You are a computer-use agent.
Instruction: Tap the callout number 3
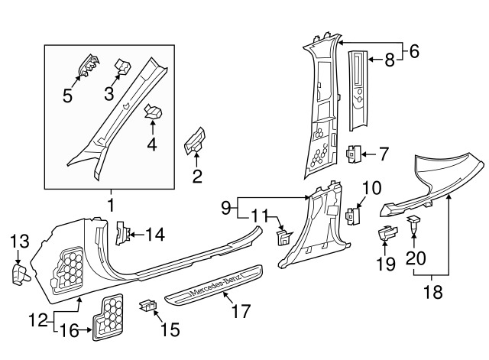coord(108,94)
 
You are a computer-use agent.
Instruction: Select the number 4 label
coord(152,144)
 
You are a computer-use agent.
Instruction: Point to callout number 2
coord(196,178)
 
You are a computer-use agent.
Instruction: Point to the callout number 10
coord(370,187)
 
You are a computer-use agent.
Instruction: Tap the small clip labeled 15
coord(148,307)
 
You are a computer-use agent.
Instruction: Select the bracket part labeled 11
coord(284,237)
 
